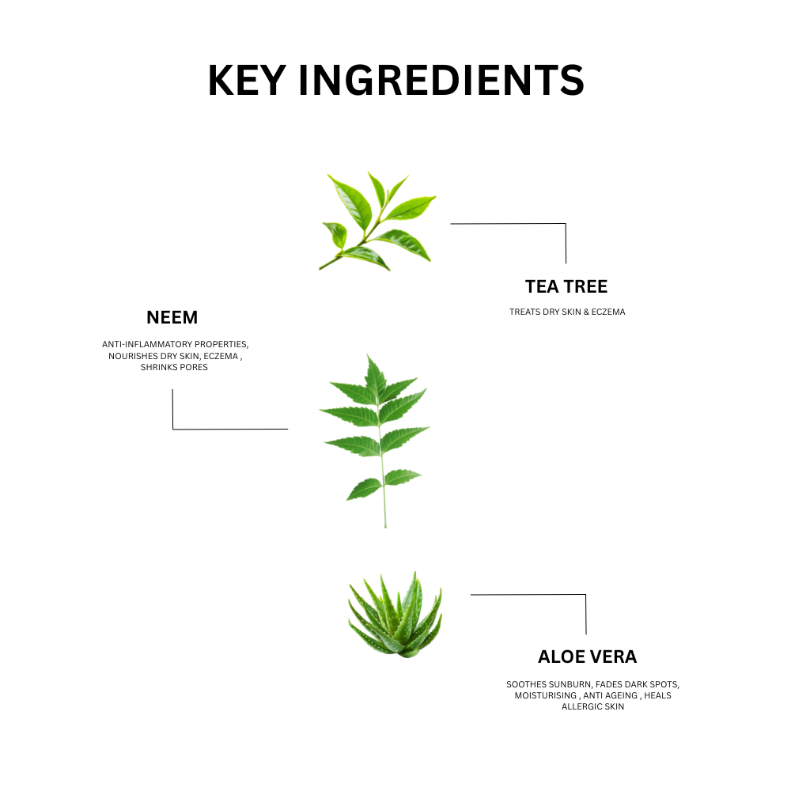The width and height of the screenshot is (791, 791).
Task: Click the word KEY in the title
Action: point(247,80)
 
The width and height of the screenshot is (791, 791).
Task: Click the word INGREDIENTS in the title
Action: point(441,80)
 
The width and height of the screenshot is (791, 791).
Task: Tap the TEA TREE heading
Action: point(566,286)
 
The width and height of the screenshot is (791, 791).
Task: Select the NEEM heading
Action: point(172,317)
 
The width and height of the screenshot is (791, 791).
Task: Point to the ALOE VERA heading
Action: point(587,657)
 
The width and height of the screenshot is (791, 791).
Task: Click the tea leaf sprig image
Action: point(377,221)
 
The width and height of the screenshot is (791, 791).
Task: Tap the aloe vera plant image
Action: point(395,615)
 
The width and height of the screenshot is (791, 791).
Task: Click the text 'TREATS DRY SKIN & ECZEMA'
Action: point(567,312)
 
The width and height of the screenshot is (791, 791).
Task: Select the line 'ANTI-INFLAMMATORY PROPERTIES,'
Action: point(175,344)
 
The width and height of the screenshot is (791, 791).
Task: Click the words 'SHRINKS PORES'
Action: point(174,367)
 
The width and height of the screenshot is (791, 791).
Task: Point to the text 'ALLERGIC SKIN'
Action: point(592,706)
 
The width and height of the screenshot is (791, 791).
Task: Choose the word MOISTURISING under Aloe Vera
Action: point(545,695)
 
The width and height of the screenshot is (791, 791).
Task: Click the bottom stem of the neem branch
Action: point(384,509)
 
